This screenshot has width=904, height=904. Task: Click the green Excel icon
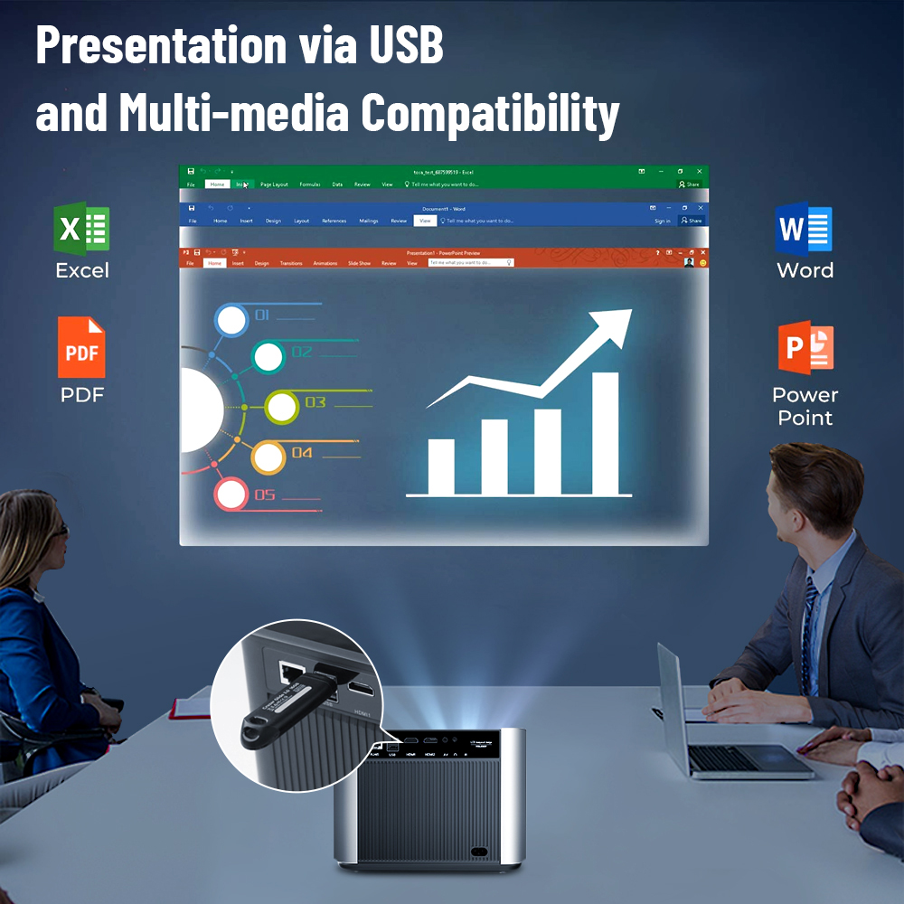click(81, 229)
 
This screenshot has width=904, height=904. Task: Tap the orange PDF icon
click(81, 347)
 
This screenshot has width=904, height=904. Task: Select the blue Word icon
click(804, 229)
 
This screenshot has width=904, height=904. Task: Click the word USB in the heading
click(408, 45)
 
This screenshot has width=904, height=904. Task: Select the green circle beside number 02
click(268, 357)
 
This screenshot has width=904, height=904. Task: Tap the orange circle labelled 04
click(268, 457)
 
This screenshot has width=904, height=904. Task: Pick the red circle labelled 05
click(231, 494)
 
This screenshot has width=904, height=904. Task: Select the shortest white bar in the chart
click(441, 466)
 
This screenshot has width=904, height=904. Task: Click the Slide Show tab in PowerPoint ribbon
click(359, 263)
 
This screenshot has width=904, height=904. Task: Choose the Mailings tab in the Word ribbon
click(369, 221)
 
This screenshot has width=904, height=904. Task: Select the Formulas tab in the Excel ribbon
click(310, 184)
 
